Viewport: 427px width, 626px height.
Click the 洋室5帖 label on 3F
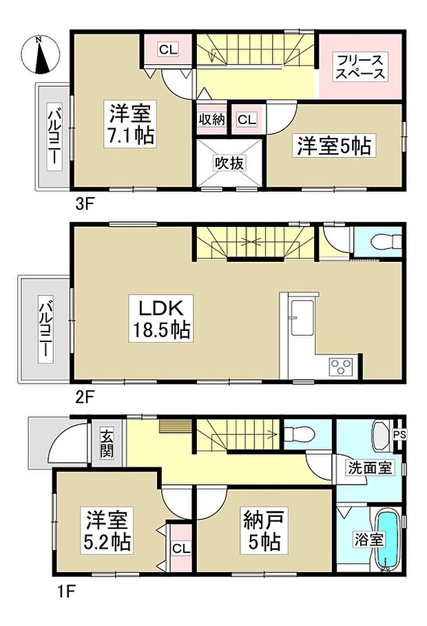(334, 145)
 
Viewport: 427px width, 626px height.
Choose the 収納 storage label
(212, 119)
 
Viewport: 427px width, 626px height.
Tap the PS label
(399, 434)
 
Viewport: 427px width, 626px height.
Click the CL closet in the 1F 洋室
(180, 549)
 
